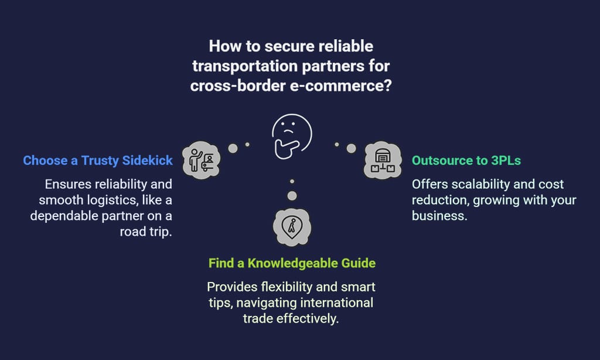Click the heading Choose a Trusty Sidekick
tap(98, 160)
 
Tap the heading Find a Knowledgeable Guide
tap(292, 263)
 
